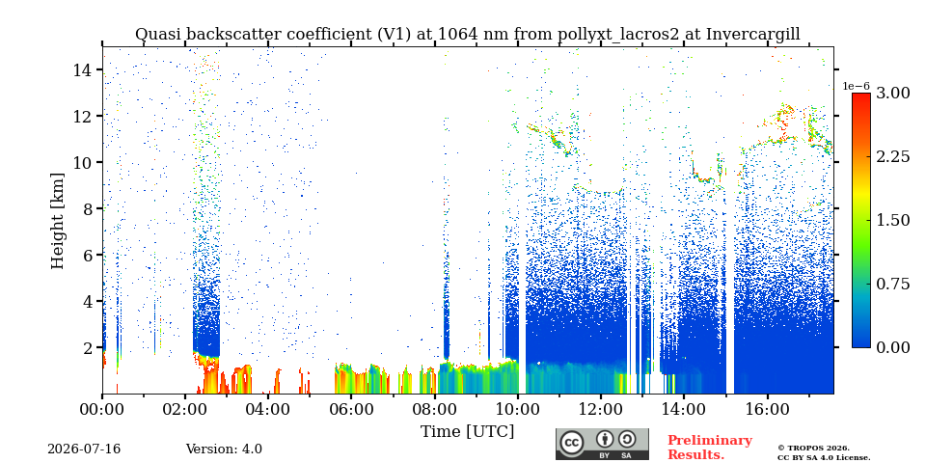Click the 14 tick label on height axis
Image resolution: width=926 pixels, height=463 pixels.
click(84, 69)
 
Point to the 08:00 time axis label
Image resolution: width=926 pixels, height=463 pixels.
click(434, 410)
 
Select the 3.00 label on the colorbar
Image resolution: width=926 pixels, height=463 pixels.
click(892, 93)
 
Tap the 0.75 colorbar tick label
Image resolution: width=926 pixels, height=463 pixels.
click(892, 284)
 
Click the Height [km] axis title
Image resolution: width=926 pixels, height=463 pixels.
click(57, 221)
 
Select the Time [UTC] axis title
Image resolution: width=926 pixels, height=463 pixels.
click(467, 432)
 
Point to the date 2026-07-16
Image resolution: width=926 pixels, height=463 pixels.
click(84, 449)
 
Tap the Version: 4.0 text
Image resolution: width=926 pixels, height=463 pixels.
click(224, 449)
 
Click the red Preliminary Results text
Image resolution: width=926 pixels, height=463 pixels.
click(710, 447)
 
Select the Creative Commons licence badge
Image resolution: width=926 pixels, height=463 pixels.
click(602, 444)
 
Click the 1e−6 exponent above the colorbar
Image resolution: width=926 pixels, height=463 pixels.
click(856, 86)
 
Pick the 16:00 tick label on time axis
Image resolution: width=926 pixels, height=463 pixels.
click(767, 410)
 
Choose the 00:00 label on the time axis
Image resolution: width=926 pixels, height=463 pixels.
click(102, 410)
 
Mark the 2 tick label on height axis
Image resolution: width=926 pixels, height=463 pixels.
click(89, 348)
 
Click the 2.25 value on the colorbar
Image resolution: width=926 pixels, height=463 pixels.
click(892, 156)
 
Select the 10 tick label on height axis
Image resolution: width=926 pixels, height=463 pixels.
click(84, 162)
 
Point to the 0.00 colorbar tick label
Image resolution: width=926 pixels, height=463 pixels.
click(892, 348)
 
